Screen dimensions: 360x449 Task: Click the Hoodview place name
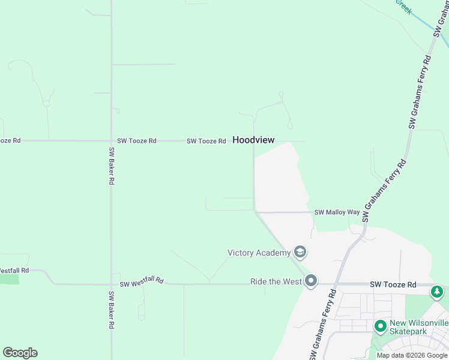(x=253, y=140)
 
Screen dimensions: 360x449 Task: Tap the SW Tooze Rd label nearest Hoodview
(x=206, y=141)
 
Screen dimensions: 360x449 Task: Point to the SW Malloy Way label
(x=337, y=212)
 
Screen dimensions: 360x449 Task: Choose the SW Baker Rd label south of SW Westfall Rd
(x=111, y=310)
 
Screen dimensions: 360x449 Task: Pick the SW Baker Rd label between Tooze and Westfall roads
(x=111, y=166)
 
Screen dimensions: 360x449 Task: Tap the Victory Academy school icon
(x=300, y=252)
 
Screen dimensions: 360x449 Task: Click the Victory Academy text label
(x=259, y=253)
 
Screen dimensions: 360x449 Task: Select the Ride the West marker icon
(x=310, y=281)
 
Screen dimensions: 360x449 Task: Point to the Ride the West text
(x=276, y=281)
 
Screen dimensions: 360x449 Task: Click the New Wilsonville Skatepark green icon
(x=379, y=327)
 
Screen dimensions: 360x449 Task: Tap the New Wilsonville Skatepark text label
(x=418, y=327)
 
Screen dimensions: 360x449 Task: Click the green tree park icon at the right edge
(x=438, y=292)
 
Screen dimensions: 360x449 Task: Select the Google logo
(x=20, y=353)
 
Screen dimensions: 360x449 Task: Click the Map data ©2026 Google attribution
(x=412, y=355)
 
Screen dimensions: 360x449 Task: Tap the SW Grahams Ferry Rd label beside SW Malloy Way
(x=384, y=191)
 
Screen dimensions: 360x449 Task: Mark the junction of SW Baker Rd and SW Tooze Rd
(x=111, y=141)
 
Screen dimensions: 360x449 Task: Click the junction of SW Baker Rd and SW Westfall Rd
(x=111, y=284)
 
